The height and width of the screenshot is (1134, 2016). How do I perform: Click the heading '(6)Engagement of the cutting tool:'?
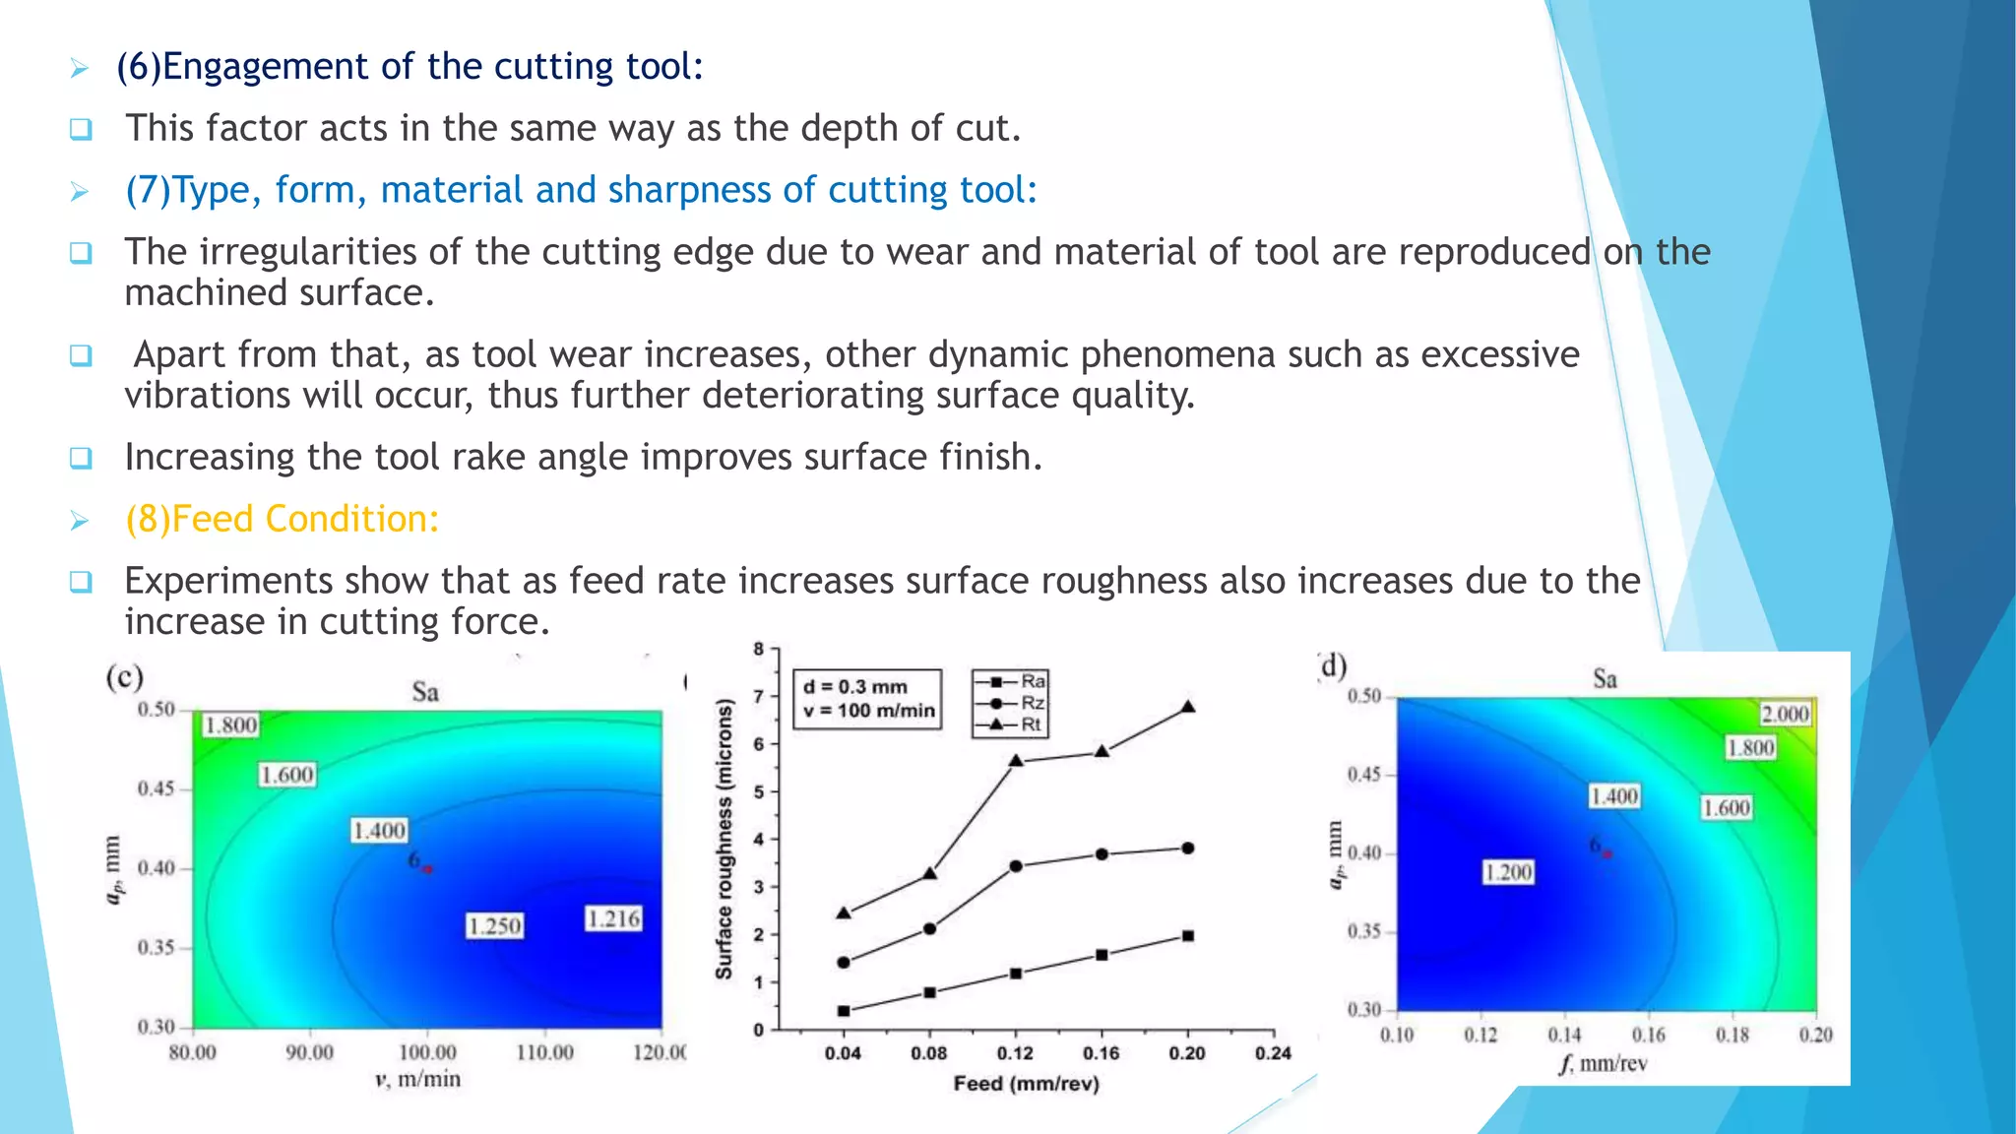409,67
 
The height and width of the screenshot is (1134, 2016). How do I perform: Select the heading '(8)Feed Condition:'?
282,519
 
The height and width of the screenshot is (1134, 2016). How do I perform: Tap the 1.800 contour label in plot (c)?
230,725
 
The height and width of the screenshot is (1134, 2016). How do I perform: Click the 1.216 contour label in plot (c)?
613,919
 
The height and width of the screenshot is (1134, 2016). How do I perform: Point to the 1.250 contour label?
494,926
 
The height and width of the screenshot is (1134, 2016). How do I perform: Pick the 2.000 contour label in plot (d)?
1785,714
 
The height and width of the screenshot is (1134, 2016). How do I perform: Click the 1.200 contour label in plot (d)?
1508,872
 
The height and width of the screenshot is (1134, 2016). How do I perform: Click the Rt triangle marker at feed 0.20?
1188,707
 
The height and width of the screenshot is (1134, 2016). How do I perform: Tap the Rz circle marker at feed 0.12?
1016,866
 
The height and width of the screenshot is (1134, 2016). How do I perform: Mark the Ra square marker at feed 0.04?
844,1011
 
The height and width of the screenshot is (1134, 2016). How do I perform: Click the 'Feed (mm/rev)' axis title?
1026,1084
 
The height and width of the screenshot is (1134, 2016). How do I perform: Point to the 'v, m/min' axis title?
417,1079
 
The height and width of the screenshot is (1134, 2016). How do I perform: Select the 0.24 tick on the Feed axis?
1273,1053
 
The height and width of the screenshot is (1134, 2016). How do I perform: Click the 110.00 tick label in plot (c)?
544,1052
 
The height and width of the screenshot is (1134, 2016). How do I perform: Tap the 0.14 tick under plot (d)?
1564,1035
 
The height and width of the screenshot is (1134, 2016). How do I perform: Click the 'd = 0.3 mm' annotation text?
855,687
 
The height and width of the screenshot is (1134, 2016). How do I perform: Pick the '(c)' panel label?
125,677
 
